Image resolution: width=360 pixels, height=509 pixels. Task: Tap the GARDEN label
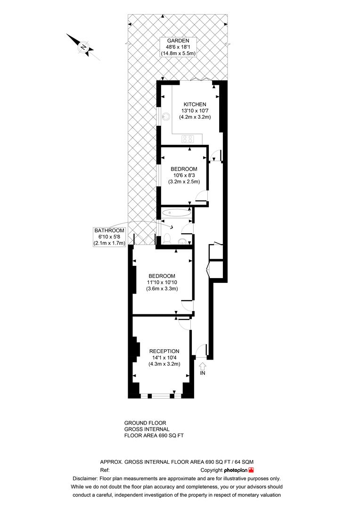click(x=178, y=41)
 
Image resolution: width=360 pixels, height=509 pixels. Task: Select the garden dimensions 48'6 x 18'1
click(x=178, y=47)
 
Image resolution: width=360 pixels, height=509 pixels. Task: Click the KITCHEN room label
click(x=195, y=104)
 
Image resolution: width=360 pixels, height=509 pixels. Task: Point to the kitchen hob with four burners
click(x=188, y=139)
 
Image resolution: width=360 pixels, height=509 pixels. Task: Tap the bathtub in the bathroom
click(x=176, y=213)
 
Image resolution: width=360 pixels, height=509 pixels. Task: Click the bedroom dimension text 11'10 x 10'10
click(x=162, y=282)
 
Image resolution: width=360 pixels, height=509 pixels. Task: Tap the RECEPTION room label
click(x=164, y=351)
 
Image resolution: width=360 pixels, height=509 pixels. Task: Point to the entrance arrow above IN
click(x=203, y=365)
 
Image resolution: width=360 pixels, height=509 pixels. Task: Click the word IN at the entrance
click(x=203, y=373)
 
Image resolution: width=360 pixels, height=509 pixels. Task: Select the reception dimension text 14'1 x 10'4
click(x=164, y=358)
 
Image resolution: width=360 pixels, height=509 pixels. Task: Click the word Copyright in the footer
click(x=212, y=470)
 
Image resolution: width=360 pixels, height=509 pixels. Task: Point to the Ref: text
click(x=105, y=470)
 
